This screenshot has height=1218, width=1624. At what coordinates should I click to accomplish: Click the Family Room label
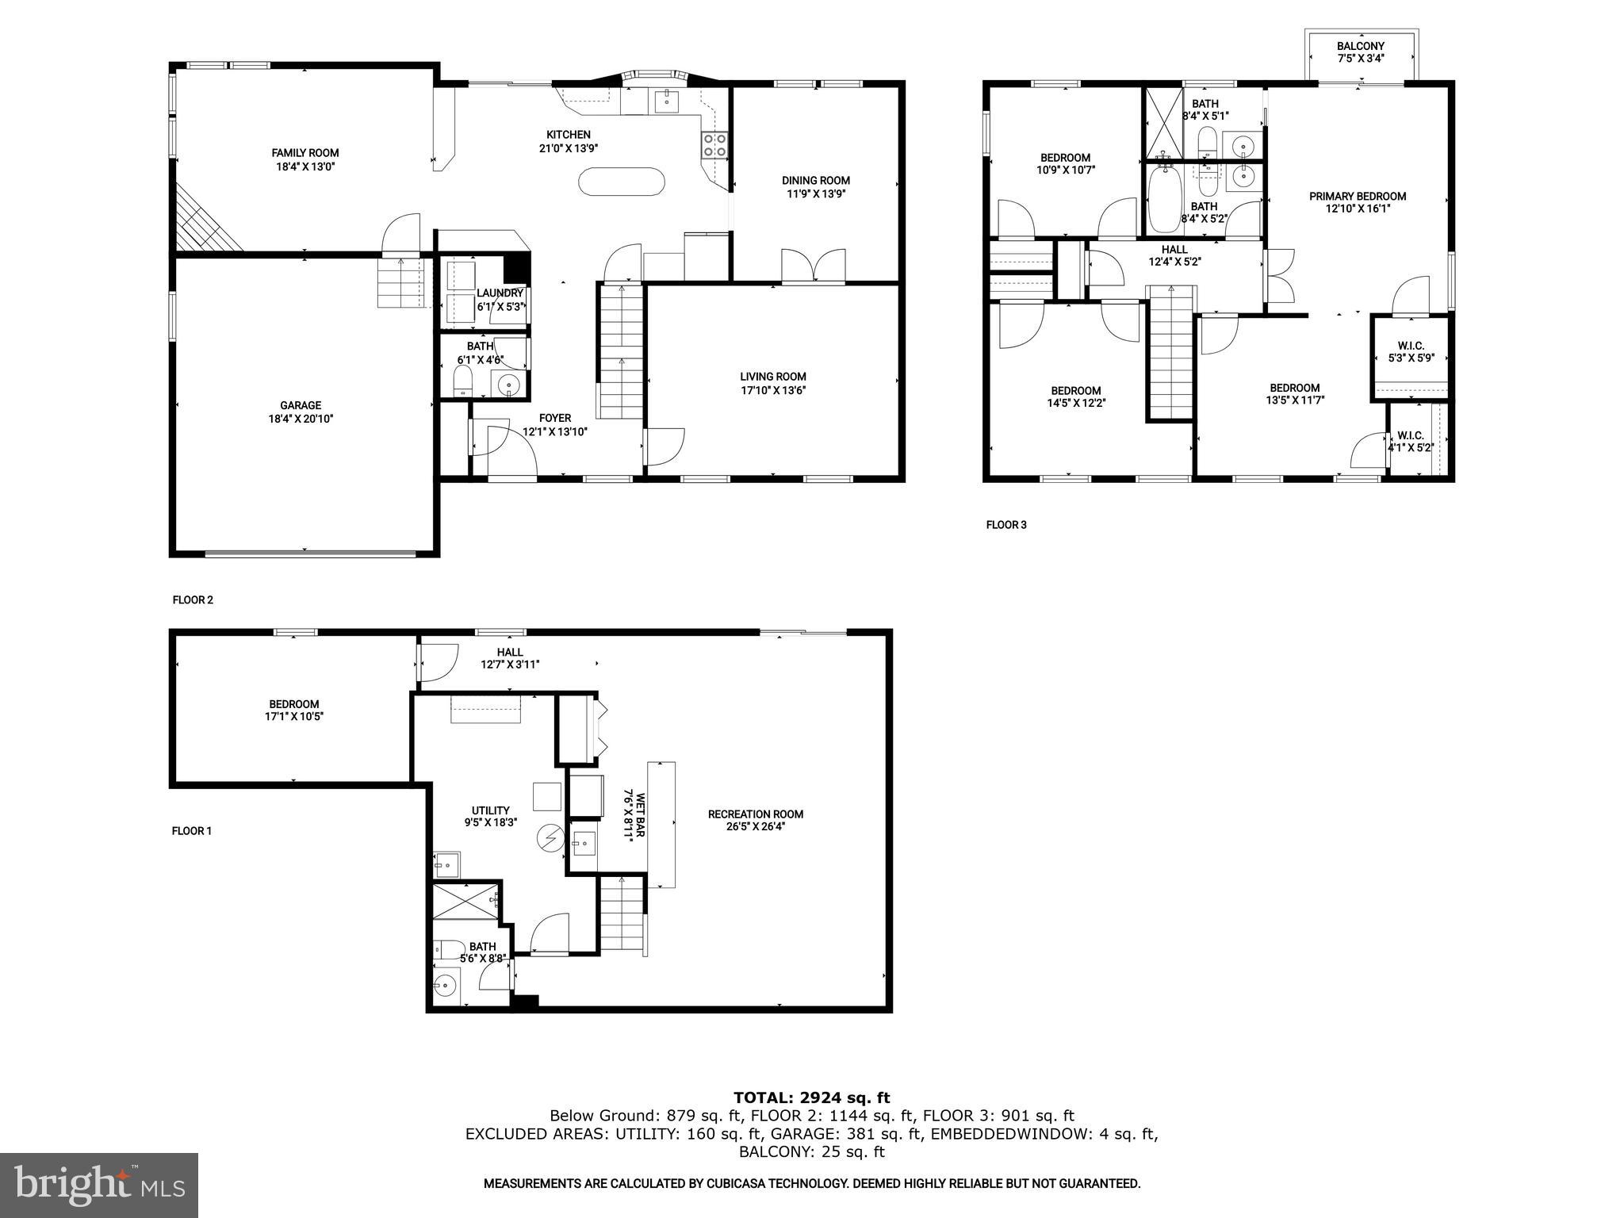click(x=305, y=153)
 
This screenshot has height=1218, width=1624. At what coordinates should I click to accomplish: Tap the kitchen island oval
click(x=621, y=182)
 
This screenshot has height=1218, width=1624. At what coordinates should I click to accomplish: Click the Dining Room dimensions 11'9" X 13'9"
click(x=815, y=193)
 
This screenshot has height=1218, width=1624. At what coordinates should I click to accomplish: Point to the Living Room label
click(x=773, y=377)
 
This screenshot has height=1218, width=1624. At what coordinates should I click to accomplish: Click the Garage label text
click(x=301, y=405)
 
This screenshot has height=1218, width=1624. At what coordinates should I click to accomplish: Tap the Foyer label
click(x=555, y=418)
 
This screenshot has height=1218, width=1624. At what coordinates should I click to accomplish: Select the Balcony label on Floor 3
click(x=1361, y=46)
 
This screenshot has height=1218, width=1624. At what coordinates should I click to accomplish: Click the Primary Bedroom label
click(x=1358, y=196)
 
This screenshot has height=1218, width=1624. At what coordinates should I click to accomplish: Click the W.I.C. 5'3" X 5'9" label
click(x=1411, y=352)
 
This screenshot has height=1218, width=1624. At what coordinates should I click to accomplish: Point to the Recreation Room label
click(x=756, y=814)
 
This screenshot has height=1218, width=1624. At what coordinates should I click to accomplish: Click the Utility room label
click(x=491, y=810)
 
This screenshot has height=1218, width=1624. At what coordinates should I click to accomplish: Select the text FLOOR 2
click(x=193, y=600)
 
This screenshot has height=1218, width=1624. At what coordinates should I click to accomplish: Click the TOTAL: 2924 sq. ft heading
click(x=811, y=1097)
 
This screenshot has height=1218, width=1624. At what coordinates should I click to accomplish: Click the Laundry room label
click(x=500, y=293)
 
